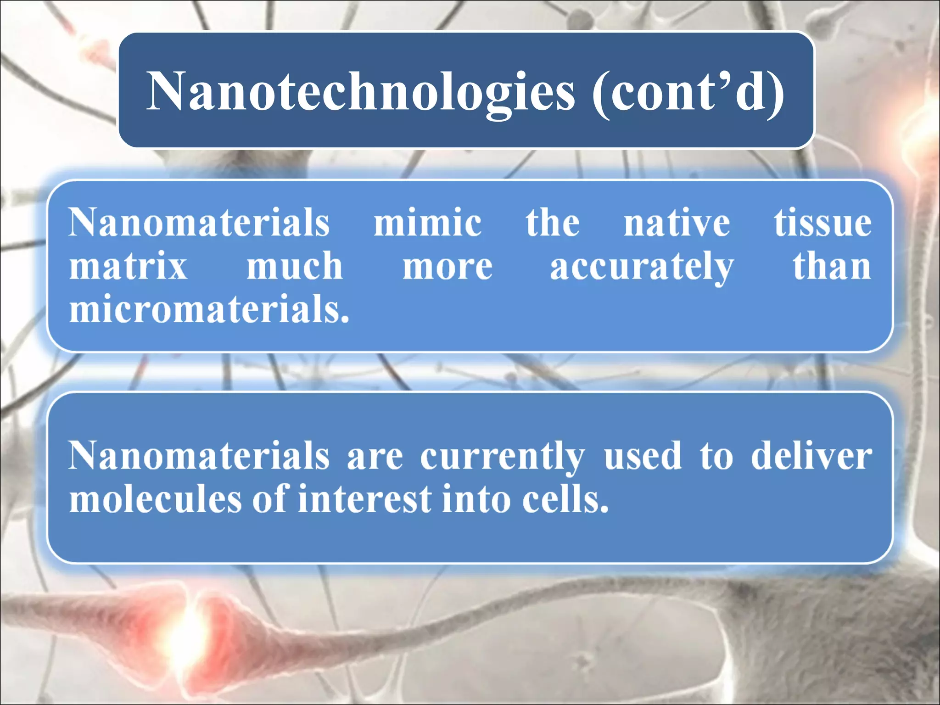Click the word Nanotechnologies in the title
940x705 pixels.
360,92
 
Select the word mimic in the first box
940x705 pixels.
427,223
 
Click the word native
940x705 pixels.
677,223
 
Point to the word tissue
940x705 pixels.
822,223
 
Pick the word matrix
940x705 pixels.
128,266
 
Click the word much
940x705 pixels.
294,266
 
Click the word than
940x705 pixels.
832,266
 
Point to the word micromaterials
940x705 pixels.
209,309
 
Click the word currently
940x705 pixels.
503,457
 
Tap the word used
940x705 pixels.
643,456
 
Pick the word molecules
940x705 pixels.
155,499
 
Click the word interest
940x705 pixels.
364,499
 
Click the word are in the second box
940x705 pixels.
375,457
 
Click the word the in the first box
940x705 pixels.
553,223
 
